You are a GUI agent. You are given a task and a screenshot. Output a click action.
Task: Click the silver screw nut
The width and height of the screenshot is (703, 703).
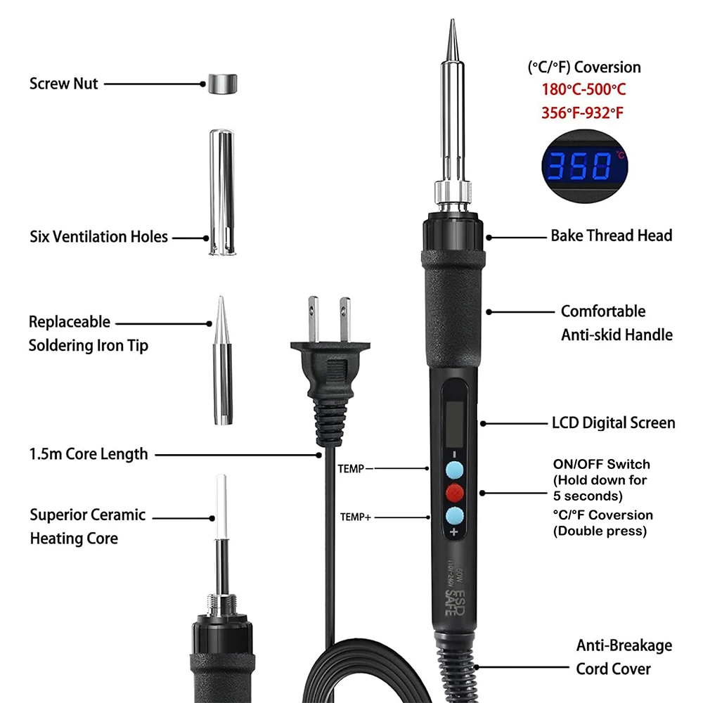[x=222, y=84]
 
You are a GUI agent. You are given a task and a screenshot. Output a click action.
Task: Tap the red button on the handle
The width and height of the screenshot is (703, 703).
[x=455, y=493]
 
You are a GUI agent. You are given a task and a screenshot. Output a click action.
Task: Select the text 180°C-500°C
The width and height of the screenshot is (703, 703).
[x=583, y=90]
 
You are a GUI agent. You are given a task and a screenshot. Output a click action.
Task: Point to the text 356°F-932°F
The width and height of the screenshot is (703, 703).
[x=582, y=113]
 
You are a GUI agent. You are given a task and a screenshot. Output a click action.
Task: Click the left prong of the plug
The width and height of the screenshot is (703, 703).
[x=314, y=318]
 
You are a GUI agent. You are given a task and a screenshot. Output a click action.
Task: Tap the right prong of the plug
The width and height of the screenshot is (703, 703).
[x=344, y=318]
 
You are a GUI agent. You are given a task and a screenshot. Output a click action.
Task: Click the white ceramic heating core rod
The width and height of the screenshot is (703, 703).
[x=221, y=507]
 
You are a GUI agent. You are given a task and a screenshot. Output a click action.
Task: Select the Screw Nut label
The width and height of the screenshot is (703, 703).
[x=63, y=84]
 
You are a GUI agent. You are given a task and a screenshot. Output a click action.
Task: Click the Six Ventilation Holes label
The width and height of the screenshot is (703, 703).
[x=98, y=237]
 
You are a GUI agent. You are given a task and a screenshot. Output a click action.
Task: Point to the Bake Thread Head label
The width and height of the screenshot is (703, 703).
[x=612, y=236]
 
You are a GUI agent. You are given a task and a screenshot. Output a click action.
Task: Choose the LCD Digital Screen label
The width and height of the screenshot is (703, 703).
[x=613, y=423]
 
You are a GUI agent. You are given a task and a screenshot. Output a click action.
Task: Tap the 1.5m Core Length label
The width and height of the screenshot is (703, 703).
[x=89, y=454]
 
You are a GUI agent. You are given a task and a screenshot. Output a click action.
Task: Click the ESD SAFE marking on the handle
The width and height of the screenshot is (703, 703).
[x=455, y=602]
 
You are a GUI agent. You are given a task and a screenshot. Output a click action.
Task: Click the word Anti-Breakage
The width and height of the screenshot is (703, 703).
[x=624, y=645]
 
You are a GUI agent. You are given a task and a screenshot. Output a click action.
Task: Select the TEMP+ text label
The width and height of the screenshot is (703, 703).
[x=356, y=517]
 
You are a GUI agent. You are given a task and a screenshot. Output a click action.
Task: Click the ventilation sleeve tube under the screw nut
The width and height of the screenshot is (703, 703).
[x=222, y=193]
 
